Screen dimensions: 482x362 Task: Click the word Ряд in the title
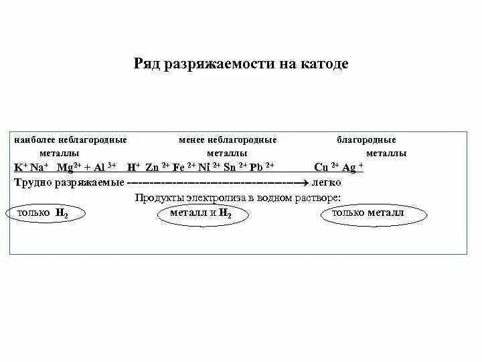(147, 64)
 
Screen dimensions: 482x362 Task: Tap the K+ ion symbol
(21, 167)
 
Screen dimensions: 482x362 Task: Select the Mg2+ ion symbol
(68, 167)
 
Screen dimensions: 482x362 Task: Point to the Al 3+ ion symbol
(102, 167)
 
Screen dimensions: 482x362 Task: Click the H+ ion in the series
(133, 167)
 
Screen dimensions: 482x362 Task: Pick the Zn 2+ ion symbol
(156, 167)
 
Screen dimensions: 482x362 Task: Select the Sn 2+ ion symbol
(234, 167)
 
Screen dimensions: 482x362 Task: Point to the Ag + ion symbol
(352, 167)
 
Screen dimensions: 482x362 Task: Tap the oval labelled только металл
(372, 213)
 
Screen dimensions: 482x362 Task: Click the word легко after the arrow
(326, 182)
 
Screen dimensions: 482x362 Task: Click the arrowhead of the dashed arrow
(303, 182)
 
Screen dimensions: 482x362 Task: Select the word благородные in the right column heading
(366, 140)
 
